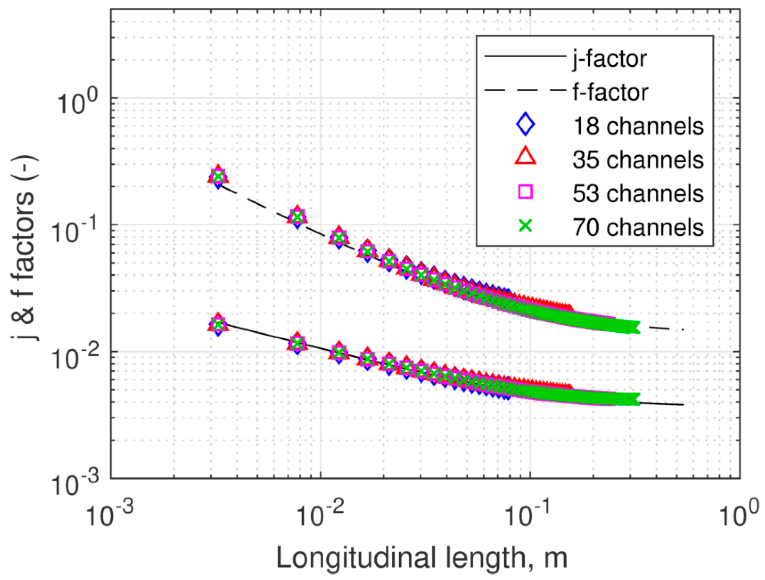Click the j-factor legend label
pos(610,59)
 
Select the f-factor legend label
pos(610,92)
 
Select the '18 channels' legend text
pos(638,126)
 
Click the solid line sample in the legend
pos(523,57)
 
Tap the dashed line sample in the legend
pos(523,90)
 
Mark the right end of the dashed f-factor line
pos(682,330)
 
